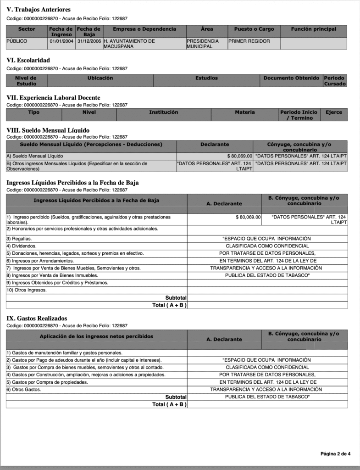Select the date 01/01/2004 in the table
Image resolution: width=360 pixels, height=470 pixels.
point(61,41)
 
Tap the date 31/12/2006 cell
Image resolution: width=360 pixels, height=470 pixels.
point(89,41)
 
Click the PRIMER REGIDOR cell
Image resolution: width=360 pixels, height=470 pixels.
point(249,41)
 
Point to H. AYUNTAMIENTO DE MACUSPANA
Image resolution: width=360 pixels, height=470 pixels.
point(129,44)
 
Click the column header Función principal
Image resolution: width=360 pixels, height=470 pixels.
point(314,29)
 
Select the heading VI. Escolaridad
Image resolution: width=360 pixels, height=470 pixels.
point(28,60)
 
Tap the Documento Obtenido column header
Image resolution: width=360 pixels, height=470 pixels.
point(292,78)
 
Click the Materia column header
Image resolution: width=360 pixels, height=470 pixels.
point(245,112)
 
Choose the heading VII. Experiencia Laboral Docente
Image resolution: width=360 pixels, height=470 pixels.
point(53,98)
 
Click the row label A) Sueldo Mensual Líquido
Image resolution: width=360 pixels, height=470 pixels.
point(34,156)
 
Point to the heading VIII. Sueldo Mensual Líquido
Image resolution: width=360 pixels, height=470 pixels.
point(48,130)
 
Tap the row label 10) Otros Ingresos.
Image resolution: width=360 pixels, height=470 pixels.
point(27,290)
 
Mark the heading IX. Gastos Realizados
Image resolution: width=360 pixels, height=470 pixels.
point(37,319)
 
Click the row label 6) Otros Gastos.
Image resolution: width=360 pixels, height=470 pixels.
point(23,390)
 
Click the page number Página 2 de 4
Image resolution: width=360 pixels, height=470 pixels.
point(335,454)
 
